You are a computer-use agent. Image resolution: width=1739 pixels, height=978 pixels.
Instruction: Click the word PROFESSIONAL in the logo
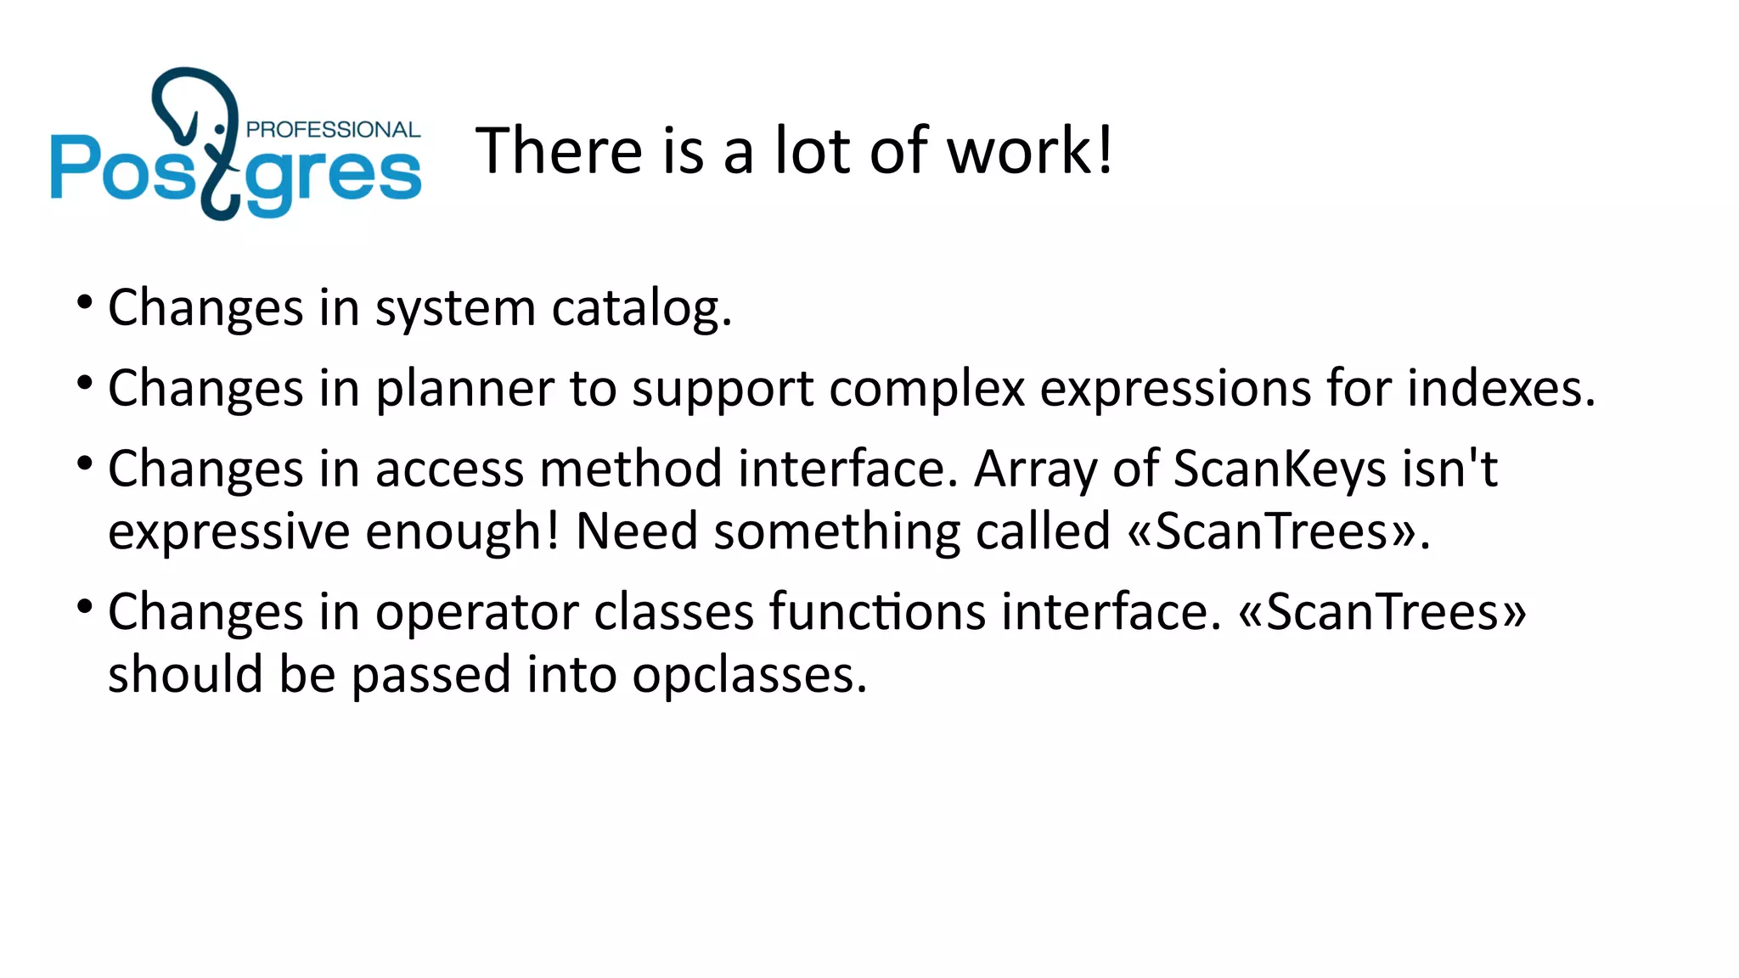click(x=333, y=130)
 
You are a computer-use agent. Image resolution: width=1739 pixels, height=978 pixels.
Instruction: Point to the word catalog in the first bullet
click(x=640, y=307)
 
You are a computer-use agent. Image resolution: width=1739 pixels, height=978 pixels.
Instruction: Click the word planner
click(x=465, y=389)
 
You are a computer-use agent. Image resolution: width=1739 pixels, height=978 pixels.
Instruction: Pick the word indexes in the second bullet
click(x=1500, y=389)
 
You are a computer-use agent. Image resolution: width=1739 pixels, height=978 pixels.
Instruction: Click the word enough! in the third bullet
click(x=463, y=533)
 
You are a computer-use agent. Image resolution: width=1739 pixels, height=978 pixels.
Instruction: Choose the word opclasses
click(x=749, y=677)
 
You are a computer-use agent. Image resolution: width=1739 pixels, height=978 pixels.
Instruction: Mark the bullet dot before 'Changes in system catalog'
click(x=84, y=302)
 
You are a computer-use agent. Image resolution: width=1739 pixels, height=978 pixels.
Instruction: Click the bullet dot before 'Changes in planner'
click(x=84, y=384)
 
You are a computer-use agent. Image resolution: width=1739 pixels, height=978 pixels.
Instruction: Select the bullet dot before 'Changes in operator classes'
click(x=84, y=606)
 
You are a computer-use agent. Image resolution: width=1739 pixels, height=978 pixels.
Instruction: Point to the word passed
click(x=431, y=675)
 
